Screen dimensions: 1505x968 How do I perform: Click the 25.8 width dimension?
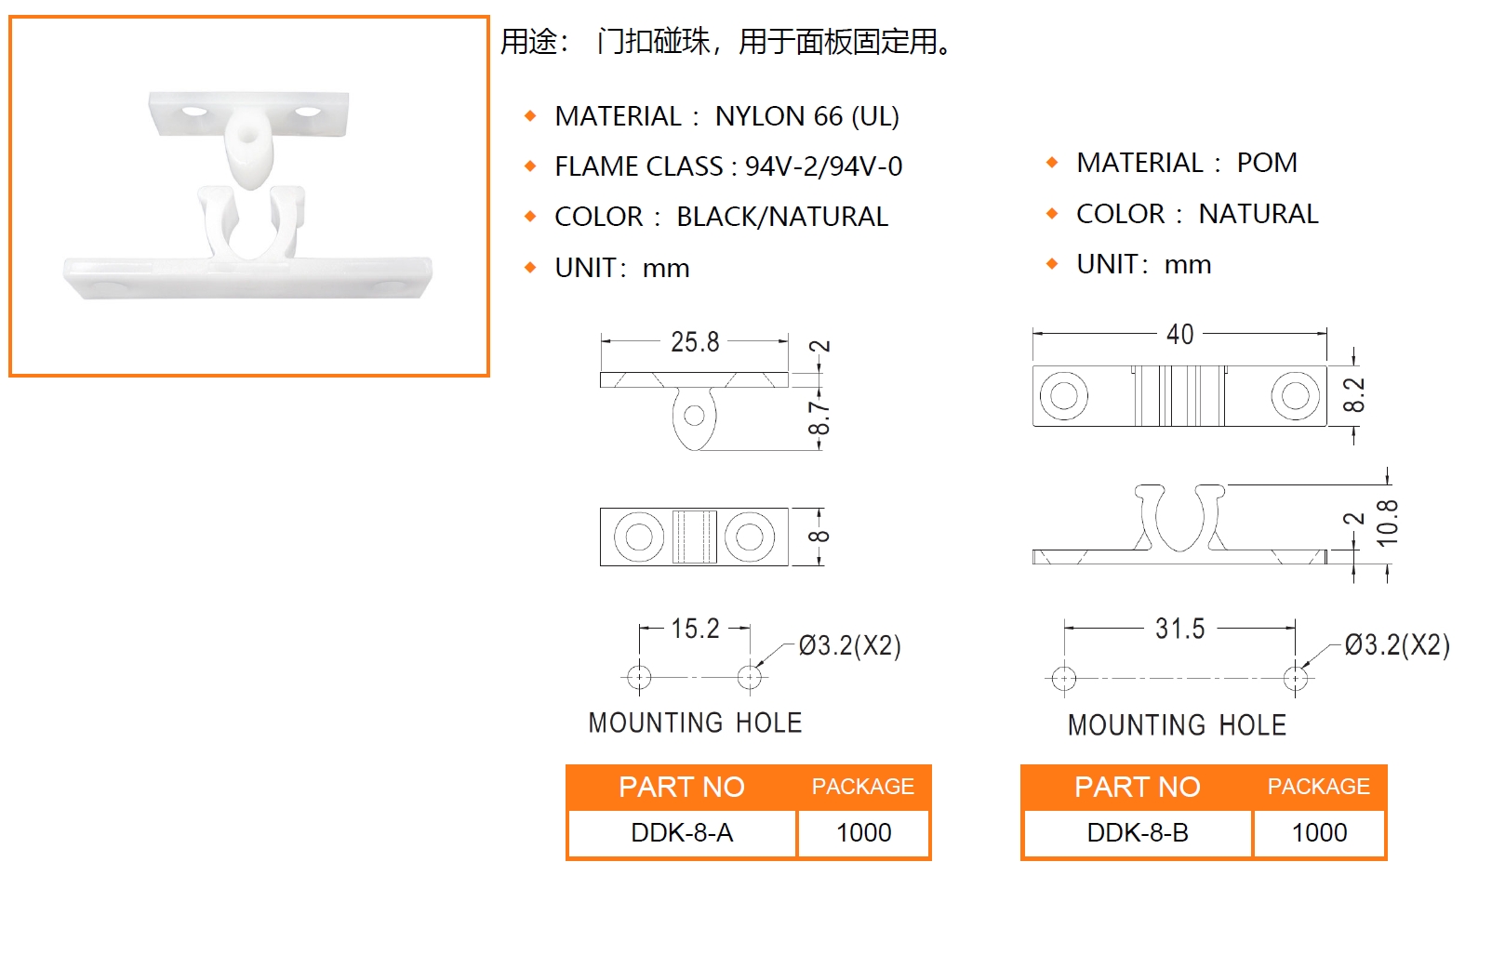695,342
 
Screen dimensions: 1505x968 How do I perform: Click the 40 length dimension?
1179,335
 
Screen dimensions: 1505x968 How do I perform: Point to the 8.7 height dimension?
819,418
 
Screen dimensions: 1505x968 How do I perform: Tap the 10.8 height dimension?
1388,524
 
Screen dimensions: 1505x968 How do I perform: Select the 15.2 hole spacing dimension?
696,629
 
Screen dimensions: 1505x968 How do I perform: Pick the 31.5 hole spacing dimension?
1179,629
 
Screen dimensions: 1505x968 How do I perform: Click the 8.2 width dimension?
1353,395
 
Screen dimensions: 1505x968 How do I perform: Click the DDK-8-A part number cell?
682,833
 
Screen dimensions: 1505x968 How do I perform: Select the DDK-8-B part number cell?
1138,833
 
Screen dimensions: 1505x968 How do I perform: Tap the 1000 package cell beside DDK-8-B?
1320,833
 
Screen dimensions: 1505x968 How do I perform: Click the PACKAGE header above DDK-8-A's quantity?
862,787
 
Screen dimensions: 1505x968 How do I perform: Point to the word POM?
1267,163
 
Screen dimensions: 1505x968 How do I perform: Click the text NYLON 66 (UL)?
807,116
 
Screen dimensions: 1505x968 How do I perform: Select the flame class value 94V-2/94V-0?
824,166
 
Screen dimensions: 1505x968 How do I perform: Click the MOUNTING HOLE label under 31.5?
1178,725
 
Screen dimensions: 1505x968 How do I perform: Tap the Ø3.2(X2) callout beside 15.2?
850,645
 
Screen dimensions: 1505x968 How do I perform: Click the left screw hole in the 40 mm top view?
1063,396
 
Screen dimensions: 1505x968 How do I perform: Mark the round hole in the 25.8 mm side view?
694,416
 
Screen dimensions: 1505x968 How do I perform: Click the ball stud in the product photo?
248,149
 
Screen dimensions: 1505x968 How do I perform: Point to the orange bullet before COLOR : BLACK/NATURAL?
530,217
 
